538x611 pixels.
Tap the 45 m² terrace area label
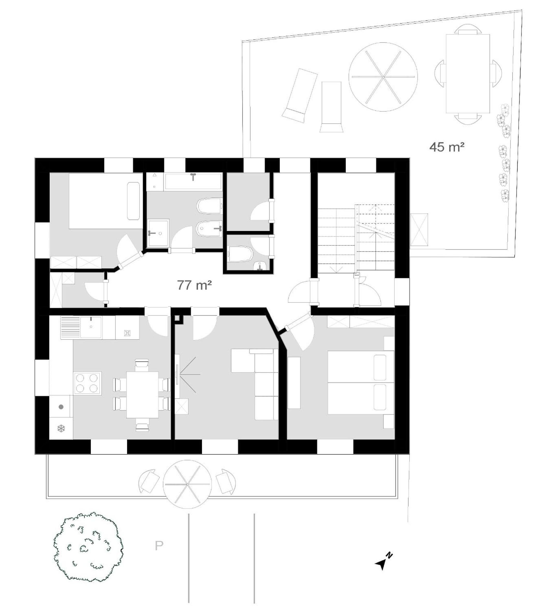click(447, 147)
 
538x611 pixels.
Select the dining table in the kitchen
click(142, 394)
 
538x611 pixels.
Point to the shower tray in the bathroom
click(158, 233)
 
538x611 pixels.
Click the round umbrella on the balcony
click(188, 484)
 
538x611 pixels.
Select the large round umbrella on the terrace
click(383, 77)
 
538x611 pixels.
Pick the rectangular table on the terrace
click(468, 73)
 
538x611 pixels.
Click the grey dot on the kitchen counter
click(61, 407)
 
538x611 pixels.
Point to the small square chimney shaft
click(178, 319)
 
